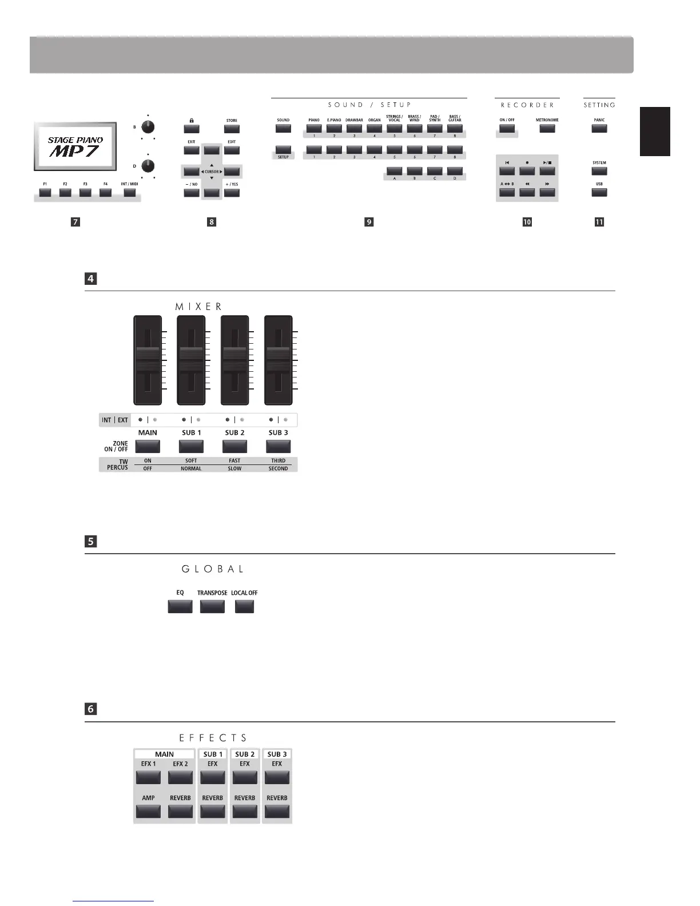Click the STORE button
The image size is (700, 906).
232,129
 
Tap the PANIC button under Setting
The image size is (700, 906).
599,129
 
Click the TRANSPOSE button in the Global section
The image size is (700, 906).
212,606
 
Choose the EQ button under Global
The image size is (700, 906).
180,606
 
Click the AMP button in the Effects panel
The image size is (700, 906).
148,811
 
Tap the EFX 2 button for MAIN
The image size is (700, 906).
180,777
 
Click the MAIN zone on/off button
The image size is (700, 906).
148,446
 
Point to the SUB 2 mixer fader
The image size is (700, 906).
234,360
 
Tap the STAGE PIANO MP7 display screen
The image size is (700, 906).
75,146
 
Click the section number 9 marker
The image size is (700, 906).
369,222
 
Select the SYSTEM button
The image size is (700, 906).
599,171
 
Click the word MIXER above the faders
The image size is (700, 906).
198,307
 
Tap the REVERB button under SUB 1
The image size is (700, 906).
213,811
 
